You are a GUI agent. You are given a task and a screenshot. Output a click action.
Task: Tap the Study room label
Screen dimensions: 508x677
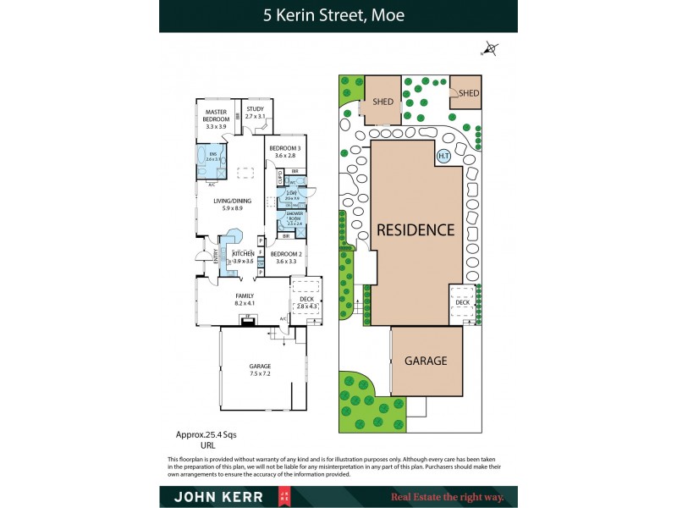(x=255, y=112)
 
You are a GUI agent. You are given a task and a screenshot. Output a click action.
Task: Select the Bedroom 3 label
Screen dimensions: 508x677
(x=284, y=152)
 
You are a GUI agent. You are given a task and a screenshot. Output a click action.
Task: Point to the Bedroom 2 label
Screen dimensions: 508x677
(x=284, y=257)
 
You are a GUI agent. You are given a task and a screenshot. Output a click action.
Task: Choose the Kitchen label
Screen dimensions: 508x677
(x=244, y=257)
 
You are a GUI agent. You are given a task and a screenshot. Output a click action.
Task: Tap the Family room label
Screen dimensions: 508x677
(x=245, y=298)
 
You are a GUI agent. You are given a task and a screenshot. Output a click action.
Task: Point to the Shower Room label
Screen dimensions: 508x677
(x=294, y=218)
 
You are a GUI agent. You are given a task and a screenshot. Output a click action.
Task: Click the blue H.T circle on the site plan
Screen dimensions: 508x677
(x=443, y=157)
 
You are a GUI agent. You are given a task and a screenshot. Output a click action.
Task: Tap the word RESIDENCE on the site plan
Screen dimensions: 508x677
(x=416, y=229)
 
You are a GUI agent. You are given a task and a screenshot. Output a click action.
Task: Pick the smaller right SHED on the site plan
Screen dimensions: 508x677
(x=469, y=93)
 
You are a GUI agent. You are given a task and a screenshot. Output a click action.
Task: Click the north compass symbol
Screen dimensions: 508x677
(x=488, y=50)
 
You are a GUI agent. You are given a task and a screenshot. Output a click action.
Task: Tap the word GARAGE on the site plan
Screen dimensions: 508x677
(x=426, y=360)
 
